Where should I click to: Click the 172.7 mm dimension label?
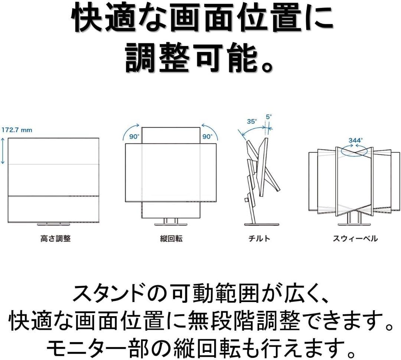17,130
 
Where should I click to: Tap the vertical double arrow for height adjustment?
3,151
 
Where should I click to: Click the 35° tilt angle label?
252,121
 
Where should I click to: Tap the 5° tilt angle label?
269,116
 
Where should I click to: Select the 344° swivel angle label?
355,141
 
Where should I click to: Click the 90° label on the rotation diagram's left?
134,136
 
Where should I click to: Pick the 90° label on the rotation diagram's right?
207,136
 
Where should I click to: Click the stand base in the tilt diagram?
262,224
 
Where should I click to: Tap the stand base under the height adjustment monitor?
53,224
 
